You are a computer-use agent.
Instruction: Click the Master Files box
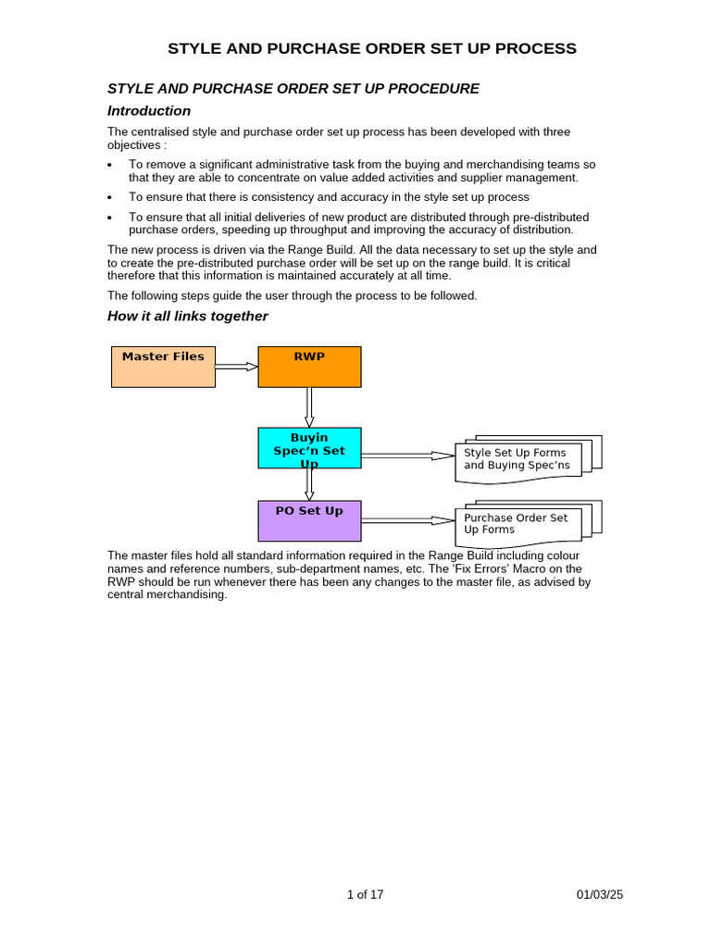tap(163, 367)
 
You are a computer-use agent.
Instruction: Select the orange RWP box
tap(309, 367)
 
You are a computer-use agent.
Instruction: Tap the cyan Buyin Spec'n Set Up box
tap(309, 448)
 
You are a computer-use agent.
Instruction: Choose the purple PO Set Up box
tap(309, 520)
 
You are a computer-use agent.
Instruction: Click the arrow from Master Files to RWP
tap(236, 367)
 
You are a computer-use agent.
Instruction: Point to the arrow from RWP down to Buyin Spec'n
tap(309, 406)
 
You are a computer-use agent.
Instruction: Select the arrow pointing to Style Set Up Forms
tap(407, 455)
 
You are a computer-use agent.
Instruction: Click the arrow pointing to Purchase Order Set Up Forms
tap(407, 520)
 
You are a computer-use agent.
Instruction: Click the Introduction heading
tap(149, 111)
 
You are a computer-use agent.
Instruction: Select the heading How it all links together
tap(188, 317)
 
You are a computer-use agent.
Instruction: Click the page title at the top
tap(372, 49)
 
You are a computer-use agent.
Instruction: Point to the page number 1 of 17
tap(365, 894)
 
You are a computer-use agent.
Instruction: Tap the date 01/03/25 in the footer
tap(600, 894)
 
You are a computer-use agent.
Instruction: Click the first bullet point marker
tap(110, 165)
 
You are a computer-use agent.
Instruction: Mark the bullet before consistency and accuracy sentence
tap(110, 197)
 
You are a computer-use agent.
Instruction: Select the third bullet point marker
tap(110, 218)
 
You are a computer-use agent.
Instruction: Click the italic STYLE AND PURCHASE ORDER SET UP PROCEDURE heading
tap(293, 89)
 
